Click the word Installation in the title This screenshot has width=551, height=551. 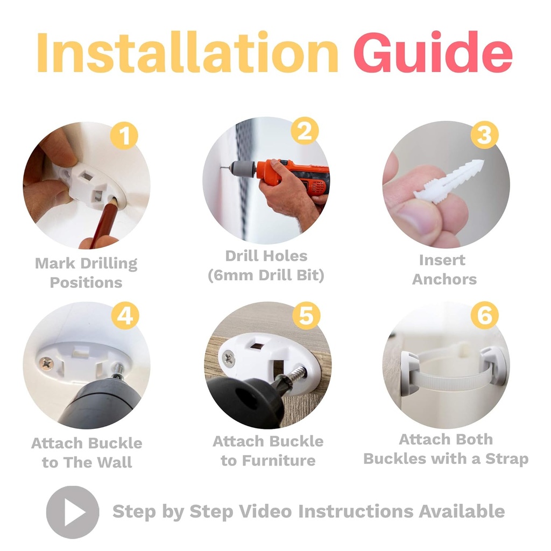187,52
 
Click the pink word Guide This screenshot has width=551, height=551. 433,52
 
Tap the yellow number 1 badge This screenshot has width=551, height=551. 124,135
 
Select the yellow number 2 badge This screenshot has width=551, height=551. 305,131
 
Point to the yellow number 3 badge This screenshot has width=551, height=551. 484,135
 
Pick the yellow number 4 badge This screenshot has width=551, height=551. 125,315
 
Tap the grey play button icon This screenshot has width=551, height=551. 73,512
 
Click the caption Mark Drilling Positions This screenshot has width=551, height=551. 86,273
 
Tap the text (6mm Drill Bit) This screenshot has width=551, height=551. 266,275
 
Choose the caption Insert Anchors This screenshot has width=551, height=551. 444,270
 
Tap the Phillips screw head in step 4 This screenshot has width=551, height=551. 46,363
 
